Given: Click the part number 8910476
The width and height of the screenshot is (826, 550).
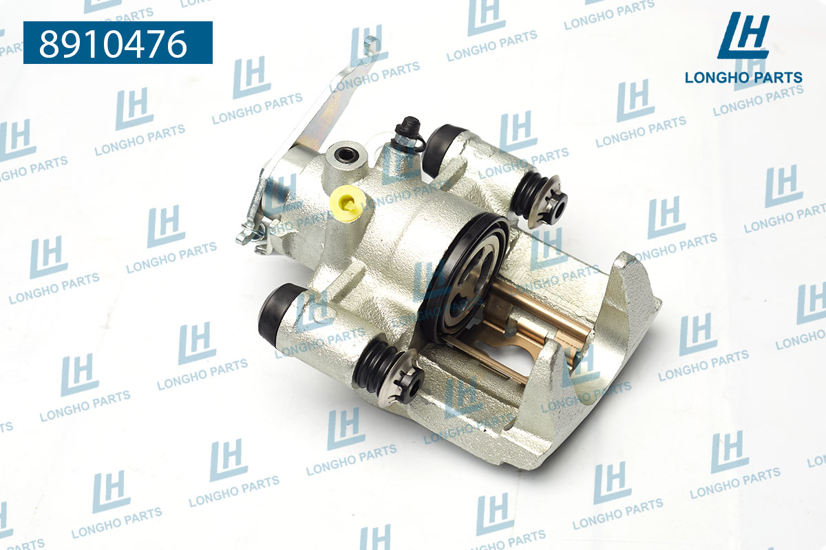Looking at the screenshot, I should [x=114, y=44].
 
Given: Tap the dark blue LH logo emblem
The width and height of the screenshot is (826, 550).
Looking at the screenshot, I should [x=743, y=36].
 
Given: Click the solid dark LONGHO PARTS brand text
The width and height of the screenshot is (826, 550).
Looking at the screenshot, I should [x=743, y=78].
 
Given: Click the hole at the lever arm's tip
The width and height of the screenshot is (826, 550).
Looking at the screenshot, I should [x=370, y=46].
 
